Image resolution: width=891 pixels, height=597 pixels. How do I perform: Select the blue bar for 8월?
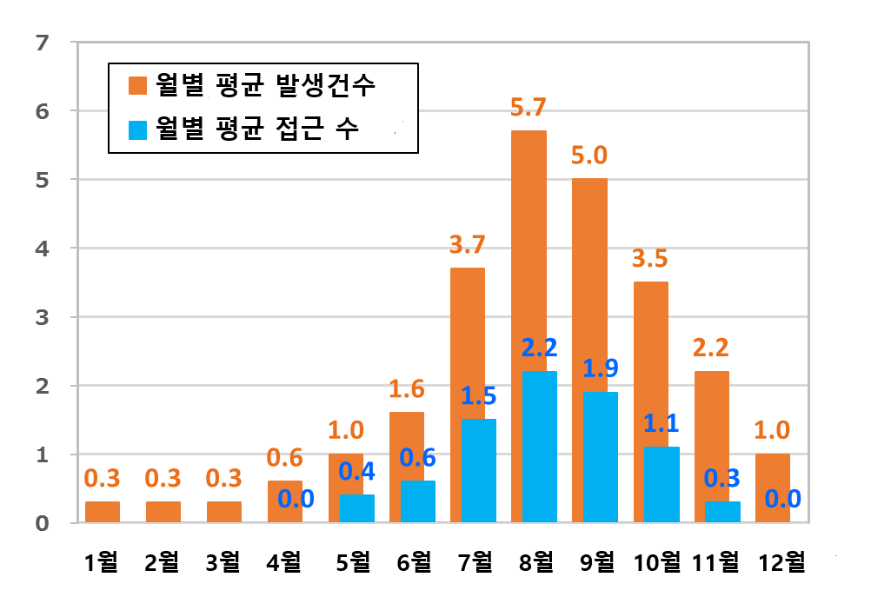[x=539, y=447]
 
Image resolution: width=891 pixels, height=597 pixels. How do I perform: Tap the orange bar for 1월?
[x=103, y=512]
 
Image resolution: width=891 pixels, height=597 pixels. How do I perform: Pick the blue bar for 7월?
[x=478, y=470]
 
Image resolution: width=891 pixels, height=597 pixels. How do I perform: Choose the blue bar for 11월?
[x=723, y=512]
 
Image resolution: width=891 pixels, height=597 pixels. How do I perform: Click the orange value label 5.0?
[x=589, y=156]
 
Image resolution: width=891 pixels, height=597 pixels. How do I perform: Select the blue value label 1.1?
[x=661, y=423]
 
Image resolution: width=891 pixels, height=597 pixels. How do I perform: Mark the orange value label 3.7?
[x=468, y=245]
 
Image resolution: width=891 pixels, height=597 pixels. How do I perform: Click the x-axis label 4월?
[x=283, y=563]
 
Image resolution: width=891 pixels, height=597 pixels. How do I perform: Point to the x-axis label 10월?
[x=656, y=563]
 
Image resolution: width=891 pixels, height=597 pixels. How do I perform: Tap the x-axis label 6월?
[x=409, y=563]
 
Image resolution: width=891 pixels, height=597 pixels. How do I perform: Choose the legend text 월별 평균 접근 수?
[x=258, y=129]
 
